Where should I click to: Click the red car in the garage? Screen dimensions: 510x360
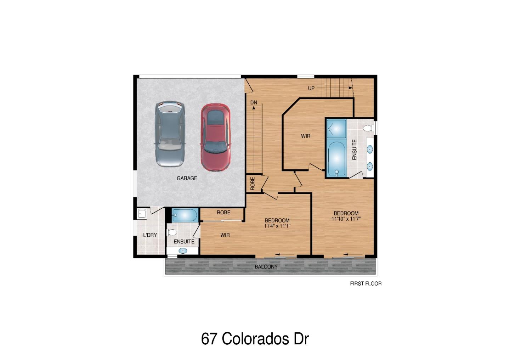click(216, 137)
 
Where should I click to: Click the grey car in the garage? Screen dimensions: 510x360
click(170, 134)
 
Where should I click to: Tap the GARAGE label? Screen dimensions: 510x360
click(187, 178)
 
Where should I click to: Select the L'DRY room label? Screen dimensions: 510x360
click(150, 235)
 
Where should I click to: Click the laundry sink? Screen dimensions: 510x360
click(142, 214)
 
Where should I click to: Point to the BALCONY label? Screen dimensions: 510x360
click(266, 266)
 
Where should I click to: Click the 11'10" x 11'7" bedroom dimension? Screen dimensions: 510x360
click(346, 219)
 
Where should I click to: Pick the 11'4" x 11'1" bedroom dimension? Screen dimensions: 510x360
click(277, 226)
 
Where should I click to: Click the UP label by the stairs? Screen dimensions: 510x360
click(311, 88)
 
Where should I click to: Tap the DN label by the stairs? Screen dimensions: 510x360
click(254, 102)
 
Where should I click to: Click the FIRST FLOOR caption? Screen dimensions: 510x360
click(365, 284)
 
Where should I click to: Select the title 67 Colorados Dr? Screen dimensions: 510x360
click(255, 339)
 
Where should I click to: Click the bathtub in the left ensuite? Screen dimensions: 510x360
click(185, 215)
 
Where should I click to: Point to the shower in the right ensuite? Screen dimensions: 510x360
click(336, 129)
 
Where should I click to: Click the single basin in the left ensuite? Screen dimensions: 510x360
click(183, 251)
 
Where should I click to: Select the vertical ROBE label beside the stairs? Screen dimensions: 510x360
click(253, 184)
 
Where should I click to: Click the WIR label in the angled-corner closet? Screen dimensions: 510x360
click(306, 136)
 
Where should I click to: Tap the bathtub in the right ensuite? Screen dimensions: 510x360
click(336, 159)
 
